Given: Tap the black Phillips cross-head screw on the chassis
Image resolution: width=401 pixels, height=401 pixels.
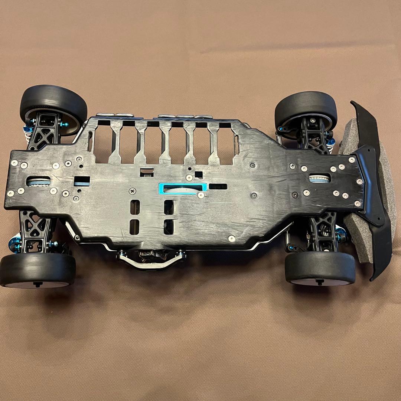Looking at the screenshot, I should pyautogui.click(x=133, y=191).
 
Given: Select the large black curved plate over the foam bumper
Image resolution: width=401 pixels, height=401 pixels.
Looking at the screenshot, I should pyautogui.click(x=375, y=186).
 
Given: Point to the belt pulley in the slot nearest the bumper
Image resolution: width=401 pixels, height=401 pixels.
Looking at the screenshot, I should pyautogui.click(x=319, y=179).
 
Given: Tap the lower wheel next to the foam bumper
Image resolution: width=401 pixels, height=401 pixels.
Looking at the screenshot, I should pyautogui.click(x=320, y=268).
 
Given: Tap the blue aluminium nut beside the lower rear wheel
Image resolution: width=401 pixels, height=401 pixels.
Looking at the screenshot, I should pyautogui.click(x=15, y=244).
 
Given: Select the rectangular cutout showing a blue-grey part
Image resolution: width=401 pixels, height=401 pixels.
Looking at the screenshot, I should pyautogui.click(x=82, y=181).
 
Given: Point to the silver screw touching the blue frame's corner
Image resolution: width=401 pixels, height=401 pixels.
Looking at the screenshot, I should pyautogui.click(x=201, y=195).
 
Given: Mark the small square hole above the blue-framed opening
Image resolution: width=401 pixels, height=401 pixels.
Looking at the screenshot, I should pyautogui.click(x=199, y=174).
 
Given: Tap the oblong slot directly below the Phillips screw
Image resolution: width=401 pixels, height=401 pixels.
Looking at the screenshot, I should pyautogui.click(x=135, y=207).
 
